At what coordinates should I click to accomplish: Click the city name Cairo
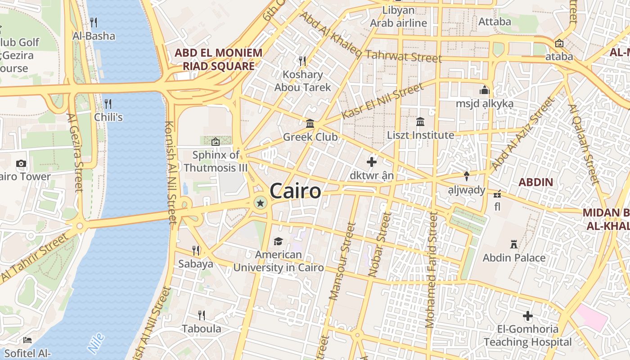point(296,191)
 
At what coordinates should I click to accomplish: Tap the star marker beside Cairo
point(260,203)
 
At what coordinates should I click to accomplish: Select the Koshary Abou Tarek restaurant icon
point(302,61)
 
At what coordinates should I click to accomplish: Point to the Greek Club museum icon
point(310,123)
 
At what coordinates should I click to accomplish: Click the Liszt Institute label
point(421,135)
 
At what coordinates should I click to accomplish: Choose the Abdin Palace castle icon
point(513,244)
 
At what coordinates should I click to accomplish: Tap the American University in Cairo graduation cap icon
point(278,242)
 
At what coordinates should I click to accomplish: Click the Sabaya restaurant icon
point(196,250)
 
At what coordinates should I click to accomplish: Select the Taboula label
point(202,328)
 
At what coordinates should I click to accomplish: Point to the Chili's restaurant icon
point(108,104)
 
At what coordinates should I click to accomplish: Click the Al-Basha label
point(94,36)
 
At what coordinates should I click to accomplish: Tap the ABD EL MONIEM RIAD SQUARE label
point(219,59)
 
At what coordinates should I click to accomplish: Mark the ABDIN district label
point(535,182)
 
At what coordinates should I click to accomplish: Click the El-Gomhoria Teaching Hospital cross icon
point(528,316)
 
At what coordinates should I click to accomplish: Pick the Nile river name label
point(96,343)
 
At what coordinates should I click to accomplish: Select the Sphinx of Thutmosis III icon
point(216,142)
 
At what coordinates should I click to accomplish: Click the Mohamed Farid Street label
point(431,270)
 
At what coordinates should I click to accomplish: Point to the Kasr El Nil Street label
point(382,101)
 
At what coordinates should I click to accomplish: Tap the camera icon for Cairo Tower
point(21,163)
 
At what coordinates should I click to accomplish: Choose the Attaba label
point(495,22)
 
